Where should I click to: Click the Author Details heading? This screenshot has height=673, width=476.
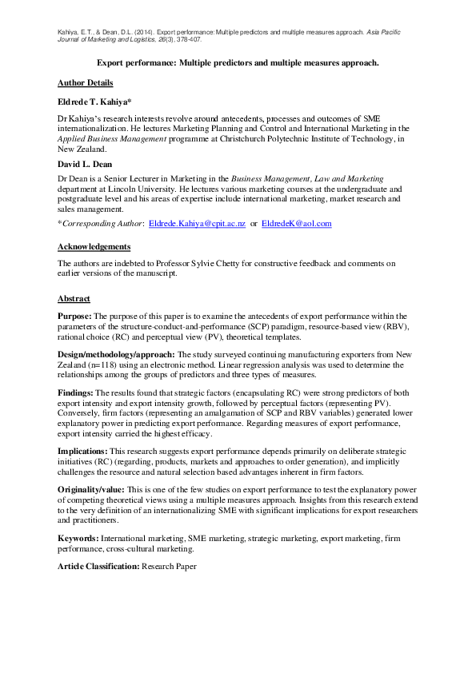(85, 83)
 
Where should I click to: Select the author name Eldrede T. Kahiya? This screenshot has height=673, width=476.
(94, 103)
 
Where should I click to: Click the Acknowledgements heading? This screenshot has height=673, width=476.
(94, 247)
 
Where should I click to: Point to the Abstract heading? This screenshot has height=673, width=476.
(74, 298)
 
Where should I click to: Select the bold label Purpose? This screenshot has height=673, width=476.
(74, 317)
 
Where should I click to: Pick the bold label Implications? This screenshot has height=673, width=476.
(82, 451)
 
